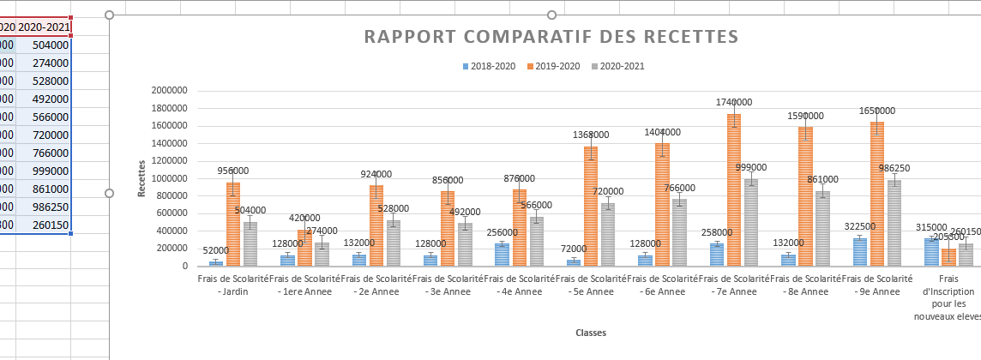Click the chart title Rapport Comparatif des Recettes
[551, 37]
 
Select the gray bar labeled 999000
[751, 223]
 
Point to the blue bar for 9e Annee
[859, 252]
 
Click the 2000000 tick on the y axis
[168, 91]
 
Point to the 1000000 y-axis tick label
[168, 178]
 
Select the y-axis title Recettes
[141, 178]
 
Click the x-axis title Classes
[592, 333]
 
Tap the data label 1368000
[591, 135]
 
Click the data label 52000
[215, 250]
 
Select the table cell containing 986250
[44, 207]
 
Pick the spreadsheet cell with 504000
[44, 45]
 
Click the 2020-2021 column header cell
[44, 27]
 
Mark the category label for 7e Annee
[733, 285]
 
